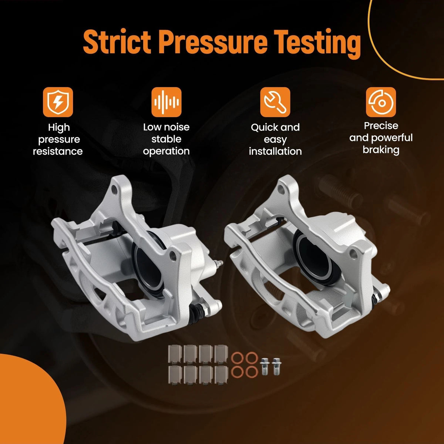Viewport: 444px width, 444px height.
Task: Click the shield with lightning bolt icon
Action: pos(58,102)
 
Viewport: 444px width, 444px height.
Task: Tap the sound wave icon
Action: pos(166,102)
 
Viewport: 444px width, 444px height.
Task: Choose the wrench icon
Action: pos(275,102)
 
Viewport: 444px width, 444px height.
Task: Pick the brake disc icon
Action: pos(381,102)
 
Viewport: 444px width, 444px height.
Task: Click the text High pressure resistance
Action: pos(58,139)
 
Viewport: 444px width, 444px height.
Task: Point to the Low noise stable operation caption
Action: pos(166,139)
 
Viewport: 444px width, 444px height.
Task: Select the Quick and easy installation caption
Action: pos(275,139)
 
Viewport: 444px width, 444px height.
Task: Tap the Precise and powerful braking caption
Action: pos(381,138)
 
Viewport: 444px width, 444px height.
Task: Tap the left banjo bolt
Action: pos(265,366)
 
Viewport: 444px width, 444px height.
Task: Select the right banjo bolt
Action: pos(276,366)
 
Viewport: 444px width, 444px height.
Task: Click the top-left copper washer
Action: pos(237,358)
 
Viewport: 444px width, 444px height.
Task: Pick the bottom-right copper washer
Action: pos(252,372)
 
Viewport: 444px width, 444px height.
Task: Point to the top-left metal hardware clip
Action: pos(175,354)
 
